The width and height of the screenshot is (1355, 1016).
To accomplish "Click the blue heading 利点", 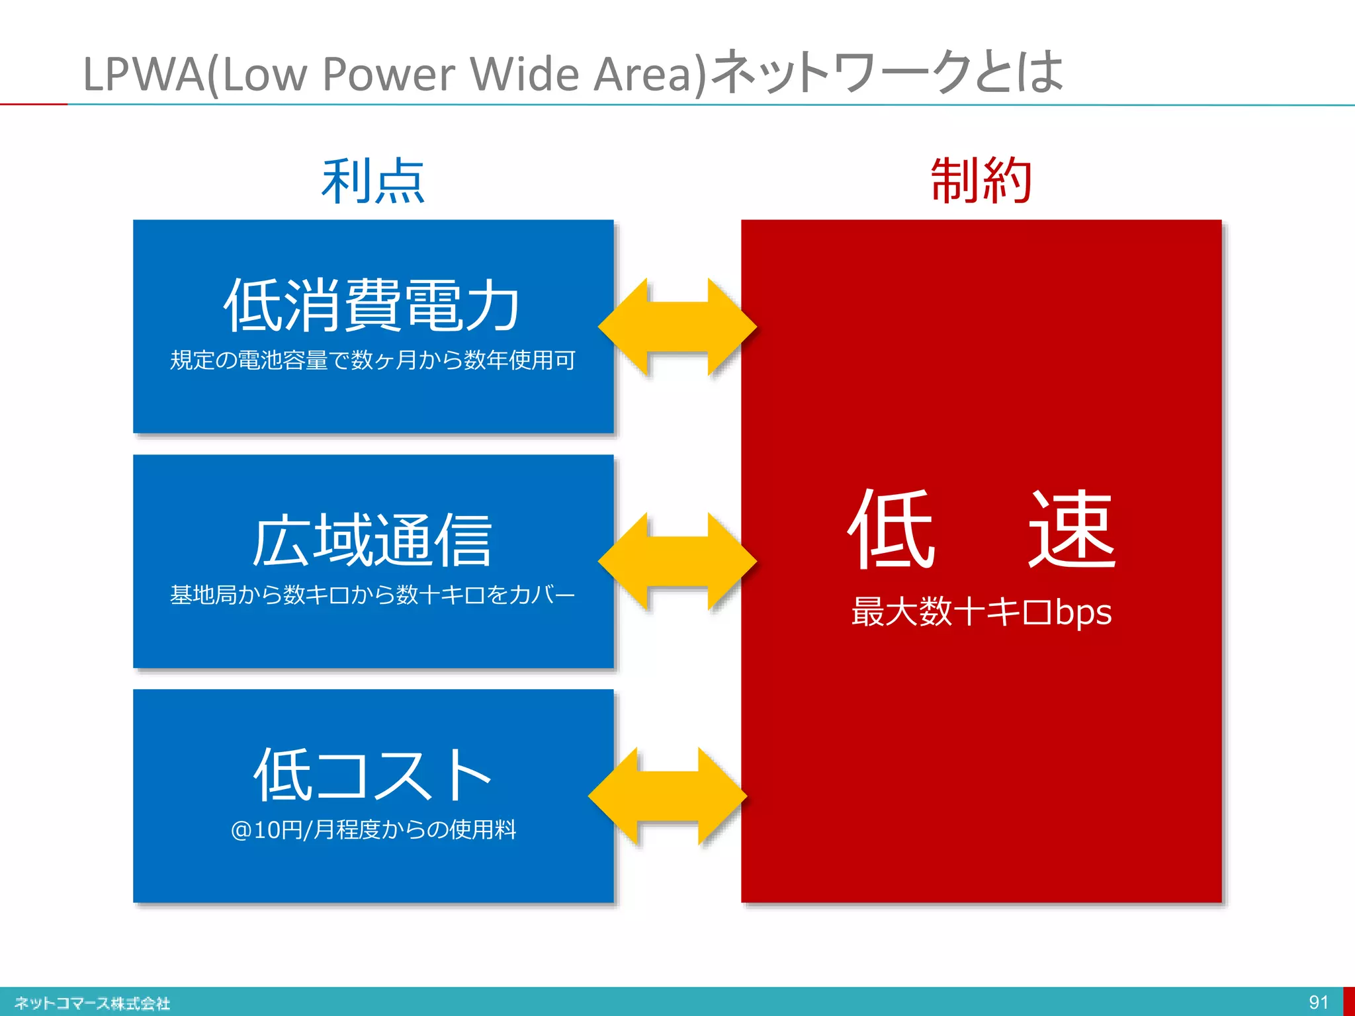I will click(x=372, y=181).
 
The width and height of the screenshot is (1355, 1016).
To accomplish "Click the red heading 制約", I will click(x=981, y=181).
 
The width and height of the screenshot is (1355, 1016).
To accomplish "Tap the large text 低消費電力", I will click(x=372, y=305).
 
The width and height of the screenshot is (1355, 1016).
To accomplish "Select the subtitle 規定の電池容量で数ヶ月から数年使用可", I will click(x=372, y=360).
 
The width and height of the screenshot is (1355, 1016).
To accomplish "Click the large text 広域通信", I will click(x=372, y=540).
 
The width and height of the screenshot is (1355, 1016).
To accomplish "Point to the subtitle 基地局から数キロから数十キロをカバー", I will click(x=372, y=595).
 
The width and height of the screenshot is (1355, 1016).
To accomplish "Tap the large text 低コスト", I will click(x=372, y=775).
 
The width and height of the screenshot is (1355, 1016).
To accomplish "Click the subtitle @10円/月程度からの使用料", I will click(x=372, y=829).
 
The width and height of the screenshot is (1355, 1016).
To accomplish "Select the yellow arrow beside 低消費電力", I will click(x=677, y=327).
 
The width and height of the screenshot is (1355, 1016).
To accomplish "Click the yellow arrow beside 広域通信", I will click(x=677, y=562).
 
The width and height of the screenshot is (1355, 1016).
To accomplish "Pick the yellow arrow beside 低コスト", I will click(x=667, y=796).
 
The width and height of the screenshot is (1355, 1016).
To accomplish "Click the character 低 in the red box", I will click(x=892, y=529).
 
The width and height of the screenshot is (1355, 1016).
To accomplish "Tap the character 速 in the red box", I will click(x=1072, y=529).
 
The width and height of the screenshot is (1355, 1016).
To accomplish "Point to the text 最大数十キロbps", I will click(x=981, y=612).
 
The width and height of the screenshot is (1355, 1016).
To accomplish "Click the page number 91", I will click(x=1318, y=1001).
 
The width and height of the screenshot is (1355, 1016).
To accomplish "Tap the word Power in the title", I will click(x=388, y=74).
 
